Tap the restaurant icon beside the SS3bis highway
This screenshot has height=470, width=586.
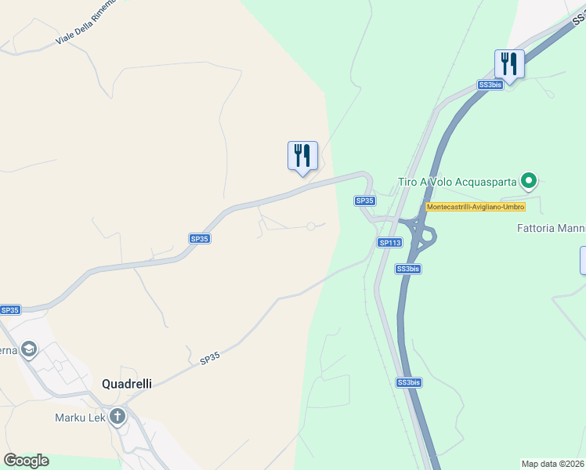click(509, 64)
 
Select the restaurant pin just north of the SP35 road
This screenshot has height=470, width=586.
click(302, 156)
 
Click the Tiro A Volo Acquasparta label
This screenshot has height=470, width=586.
click(457, 182)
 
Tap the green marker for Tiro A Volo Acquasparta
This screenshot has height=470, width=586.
click(529, 182)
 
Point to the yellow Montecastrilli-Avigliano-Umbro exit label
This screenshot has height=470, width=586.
click(475, 207)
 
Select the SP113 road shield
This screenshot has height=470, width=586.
click(389, 243)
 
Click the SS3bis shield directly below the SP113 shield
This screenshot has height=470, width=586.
click(408, 269)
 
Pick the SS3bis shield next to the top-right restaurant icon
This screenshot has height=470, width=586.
click(490, 85)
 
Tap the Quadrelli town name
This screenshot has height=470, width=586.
click(126, 384)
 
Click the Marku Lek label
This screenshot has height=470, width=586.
click(80, 417)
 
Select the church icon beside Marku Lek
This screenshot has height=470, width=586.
click(118, 416)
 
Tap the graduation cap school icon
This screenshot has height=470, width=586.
click(29, 349)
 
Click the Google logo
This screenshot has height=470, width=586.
click(26, 461)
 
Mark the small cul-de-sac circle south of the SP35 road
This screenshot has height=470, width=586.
click(311, 226)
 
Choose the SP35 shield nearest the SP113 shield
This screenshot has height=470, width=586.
click(364, 201)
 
